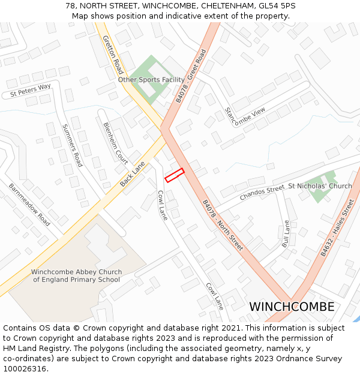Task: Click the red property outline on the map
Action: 174,175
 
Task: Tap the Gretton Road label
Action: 112,54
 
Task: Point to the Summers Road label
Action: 72,145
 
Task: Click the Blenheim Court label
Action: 115,143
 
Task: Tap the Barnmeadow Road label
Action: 29,204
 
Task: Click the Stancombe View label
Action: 244,112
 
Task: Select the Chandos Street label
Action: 262,193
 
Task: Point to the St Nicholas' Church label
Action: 320,186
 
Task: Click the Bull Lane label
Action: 286,234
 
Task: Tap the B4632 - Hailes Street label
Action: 337,229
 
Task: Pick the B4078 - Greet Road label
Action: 191,76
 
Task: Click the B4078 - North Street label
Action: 222,225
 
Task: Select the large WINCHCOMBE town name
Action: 292,307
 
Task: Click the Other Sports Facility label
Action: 151,79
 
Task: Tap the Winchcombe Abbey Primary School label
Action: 76,275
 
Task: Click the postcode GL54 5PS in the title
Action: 276,6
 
